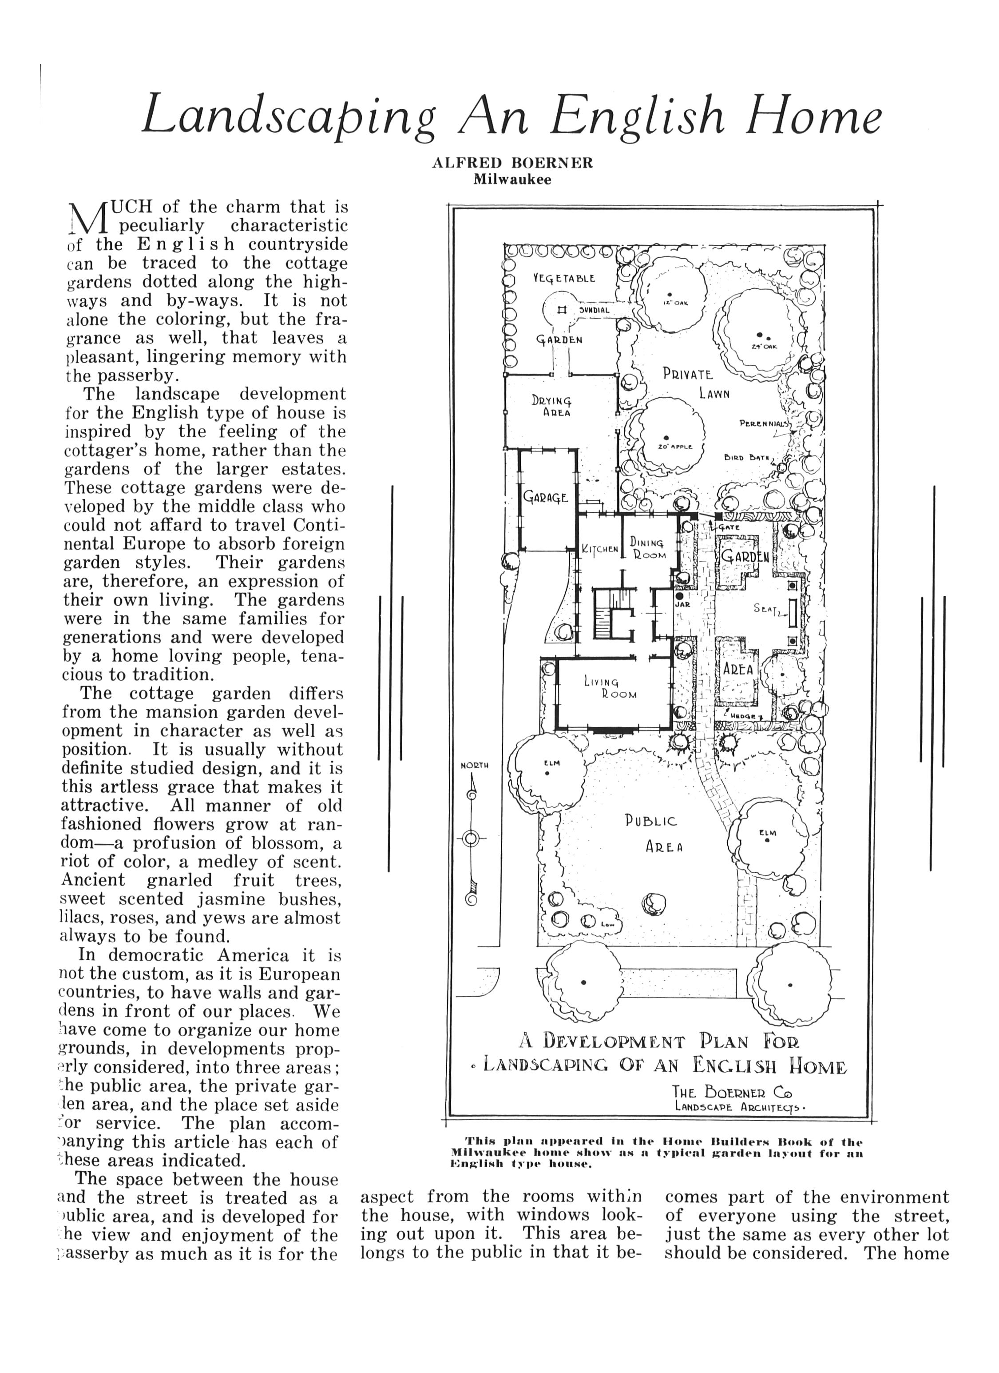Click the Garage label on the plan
[x=545, y=498]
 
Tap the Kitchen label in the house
[x=600, y=550]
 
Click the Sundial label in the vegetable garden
[x=594, y=310]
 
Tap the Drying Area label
[x=551, y=406]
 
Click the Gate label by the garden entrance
[x=729, y=527]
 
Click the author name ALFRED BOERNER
[x=512, y=163]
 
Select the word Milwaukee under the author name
[x=512, y=180]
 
